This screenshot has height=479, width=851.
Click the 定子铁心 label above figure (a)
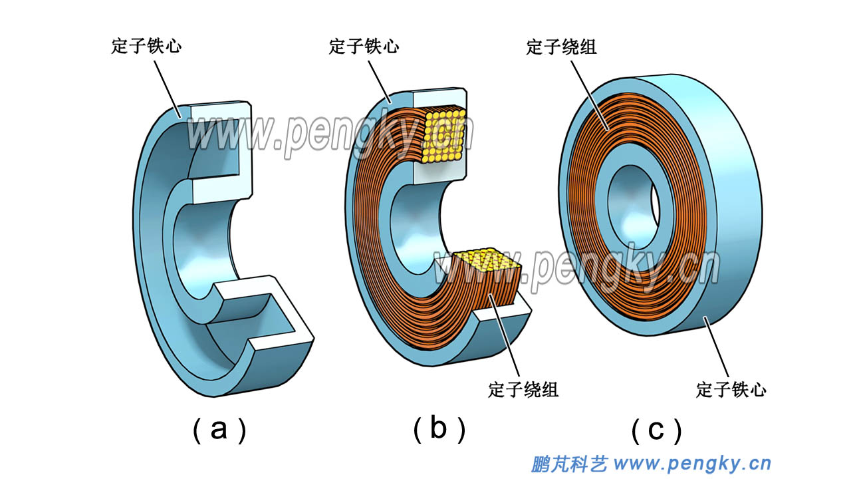(146, 47)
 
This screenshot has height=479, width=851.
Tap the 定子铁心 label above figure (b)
(364, 47)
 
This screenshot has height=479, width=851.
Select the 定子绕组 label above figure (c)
(561, 47)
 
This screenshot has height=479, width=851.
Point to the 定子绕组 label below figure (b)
(523, 389)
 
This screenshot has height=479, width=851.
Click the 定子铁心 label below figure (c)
(731, 389)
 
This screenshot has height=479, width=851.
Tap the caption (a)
(219, 430)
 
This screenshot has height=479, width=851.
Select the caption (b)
(438, 430)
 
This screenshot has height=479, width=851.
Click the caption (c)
(656, 430)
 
